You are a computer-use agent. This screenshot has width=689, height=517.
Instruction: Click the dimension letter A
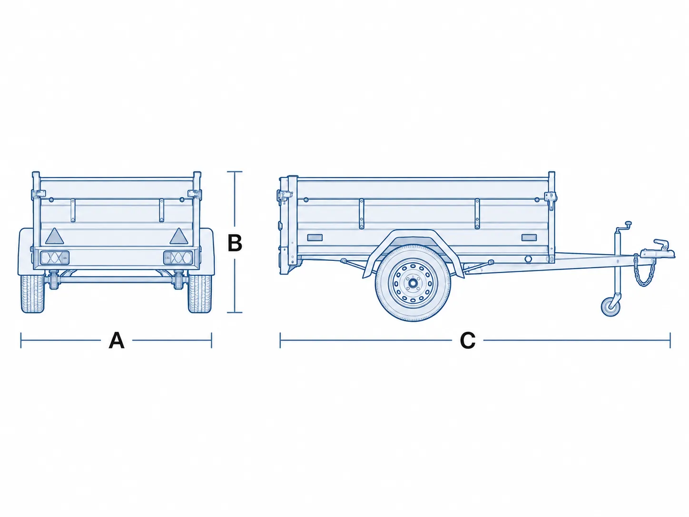point(117,340)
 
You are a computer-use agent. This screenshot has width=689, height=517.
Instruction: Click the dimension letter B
point(235,243)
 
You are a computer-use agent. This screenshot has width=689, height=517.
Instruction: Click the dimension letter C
point(467,340)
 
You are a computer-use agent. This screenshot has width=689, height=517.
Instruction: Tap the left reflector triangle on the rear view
point(54,236)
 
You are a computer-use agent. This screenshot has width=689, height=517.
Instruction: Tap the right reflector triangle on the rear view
point(179,236)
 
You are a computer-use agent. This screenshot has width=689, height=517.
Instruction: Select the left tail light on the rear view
point(55,258)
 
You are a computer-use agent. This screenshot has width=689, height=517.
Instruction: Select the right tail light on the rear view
point(178,258)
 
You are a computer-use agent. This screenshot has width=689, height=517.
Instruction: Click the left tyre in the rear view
point(32,294)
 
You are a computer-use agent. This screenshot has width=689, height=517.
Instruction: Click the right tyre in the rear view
point(200,294)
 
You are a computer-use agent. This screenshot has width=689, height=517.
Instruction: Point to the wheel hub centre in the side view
point(412,283)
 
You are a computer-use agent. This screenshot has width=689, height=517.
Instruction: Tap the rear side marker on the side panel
point(315,238)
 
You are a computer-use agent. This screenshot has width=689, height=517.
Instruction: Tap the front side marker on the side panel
point(529,238)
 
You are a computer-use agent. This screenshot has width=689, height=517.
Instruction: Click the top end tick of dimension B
point(235,172)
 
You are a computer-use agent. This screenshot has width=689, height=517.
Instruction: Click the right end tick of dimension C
point(670,340)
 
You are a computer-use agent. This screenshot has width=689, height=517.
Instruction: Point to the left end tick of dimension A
point(21,340)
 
